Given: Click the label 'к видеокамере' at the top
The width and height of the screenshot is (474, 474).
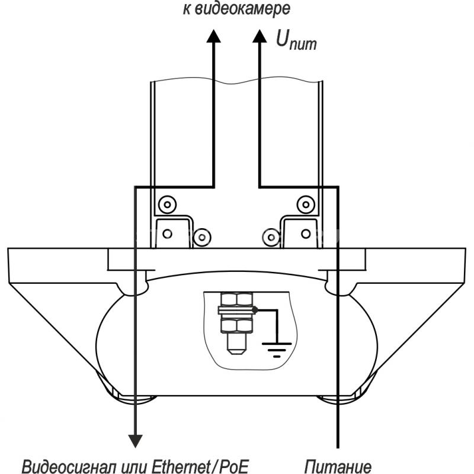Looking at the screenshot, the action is click(236, 9).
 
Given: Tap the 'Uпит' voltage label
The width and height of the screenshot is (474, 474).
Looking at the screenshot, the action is click(296, 40).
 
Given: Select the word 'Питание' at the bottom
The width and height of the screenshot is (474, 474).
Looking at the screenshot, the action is click(338, 466).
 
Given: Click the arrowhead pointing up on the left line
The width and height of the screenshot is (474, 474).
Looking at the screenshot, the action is click(214, 36).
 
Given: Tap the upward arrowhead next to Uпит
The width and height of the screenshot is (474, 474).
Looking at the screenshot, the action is click(260, 36).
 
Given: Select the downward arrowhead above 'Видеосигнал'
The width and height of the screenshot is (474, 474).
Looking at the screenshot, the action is click(136, 441).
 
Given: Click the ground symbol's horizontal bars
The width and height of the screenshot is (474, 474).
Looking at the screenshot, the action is click(277, 350).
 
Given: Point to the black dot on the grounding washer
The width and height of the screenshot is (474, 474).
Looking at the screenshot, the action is click(255, 310).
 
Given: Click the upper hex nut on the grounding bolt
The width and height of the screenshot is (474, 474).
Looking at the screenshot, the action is click(236, 299).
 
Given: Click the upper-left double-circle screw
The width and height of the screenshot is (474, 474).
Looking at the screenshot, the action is click(168, 204).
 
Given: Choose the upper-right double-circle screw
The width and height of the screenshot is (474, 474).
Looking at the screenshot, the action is click(306, 204).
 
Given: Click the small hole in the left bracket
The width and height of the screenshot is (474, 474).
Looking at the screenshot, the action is click(168, 233).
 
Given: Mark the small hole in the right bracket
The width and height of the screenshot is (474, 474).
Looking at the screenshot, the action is click(306, 233).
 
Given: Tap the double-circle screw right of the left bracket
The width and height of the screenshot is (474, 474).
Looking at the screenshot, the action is click(202, 238).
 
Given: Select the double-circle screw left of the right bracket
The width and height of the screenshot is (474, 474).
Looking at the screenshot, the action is click(271, 238).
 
